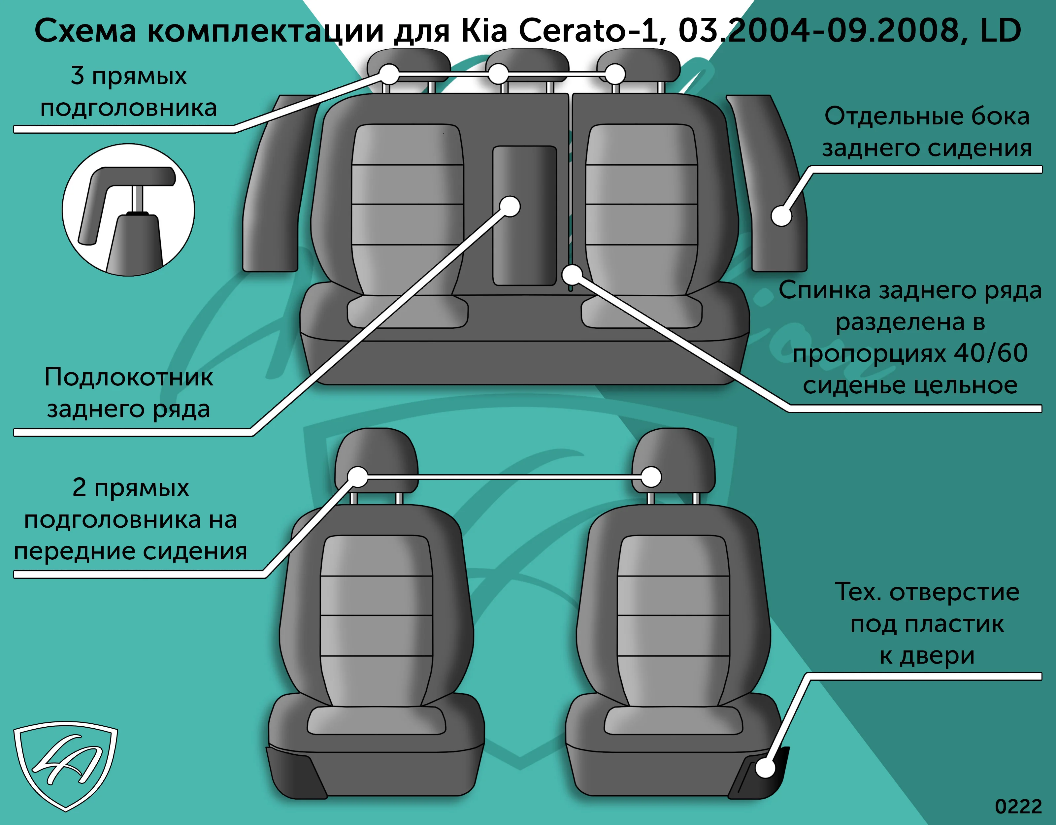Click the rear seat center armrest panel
pos(525,216)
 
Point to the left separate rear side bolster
pos(275,184)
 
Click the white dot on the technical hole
pos(765,768)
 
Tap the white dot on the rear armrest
pos(510,207)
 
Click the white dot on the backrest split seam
pos(573,275)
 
